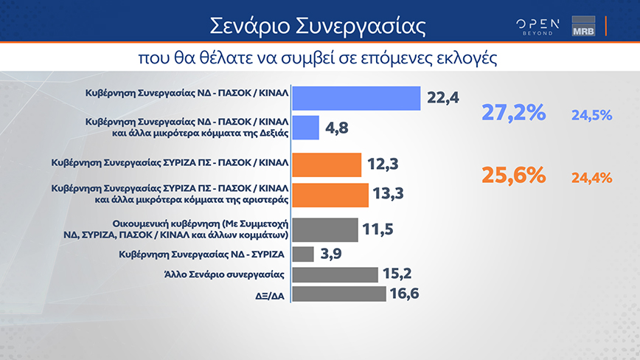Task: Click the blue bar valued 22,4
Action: tap(356, 98)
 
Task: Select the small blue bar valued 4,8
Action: tap(306, 128)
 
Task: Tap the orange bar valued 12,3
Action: tap(327, 165)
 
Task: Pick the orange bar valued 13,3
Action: tap(330, 195)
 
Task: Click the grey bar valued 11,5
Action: tap(325, 230)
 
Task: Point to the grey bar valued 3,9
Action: tap(303, 254)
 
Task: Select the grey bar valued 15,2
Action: tap(335, 274)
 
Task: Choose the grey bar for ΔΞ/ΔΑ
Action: tap(339, 294)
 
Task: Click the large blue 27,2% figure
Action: tap(513, 112)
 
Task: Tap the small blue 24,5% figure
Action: tap(591, 116)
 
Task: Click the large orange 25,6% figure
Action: tap(513, 175)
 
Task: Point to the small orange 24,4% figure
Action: tap(591, 178)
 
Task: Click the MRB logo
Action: tap(583, 26)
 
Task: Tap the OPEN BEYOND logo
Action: tap(538, 27)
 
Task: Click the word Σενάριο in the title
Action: tap(249, 26)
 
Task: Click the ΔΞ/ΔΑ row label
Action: tap(270, 296)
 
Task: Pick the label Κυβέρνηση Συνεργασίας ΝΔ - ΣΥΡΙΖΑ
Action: tap(201, 255)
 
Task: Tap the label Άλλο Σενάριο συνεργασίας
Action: tap(224, 274)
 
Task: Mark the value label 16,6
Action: tap(405, 294)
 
